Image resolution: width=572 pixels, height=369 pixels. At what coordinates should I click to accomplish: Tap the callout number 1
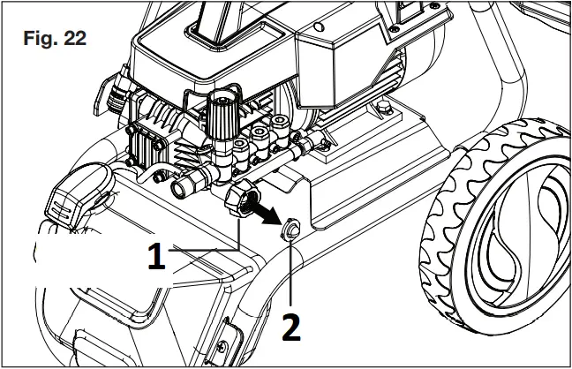tap(156, 257)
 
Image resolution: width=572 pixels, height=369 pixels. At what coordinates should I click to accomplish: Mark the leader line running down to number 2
tap(291, 274)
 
